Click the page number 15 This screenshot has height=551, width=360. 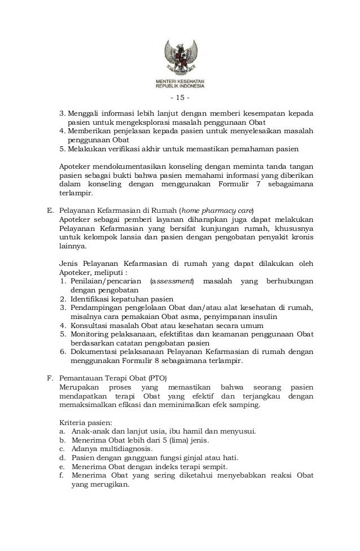179,102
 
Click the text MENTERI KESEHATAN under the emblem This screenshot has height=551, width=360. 180,82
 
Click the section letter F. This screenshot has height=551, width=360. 49,378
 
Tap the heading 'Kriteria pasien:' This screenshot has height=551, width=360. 85,422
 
